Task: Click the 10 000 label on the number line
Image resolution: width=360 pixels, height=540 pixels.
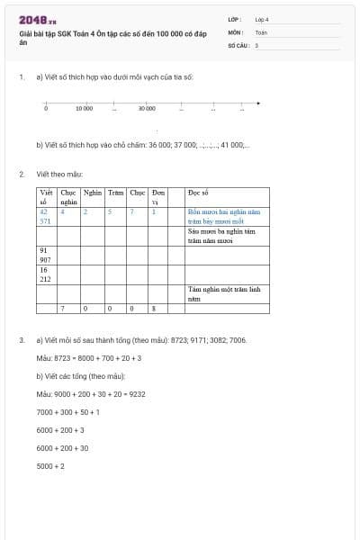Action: click(84, 108)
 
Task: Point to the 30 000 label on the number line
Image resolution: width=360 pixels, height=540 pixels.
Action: click(147, 108)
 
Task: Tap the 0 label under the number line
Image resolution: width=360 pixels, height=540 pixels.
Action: click(46, 108)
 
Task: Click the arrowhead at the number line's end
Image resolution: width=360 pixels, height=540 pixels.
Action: click(258, 103)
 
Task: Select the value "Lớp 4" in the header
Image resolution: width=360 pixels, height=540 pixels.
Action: click(262, 19)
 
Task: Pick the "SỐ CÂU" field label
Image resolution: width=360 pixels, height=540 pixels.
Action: click(237, 43)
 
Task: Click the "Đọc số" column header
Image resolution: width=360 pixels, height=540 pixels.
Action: click(198, 193)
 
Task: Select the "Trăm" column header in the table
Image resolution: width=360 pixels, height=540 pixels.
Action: click(115, 193)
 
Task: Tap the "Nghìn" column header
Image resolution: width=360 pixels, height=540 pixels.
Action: click(92, 193)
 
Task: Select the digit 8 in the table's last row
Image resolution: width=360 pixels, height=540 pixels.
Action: click(154, 309)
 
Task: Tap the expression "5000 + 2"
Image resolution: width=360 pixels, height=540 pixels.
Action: click(50, 465)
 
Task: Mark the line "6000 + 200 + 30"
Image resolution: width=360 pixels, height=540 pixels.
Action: click(62, 447)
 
